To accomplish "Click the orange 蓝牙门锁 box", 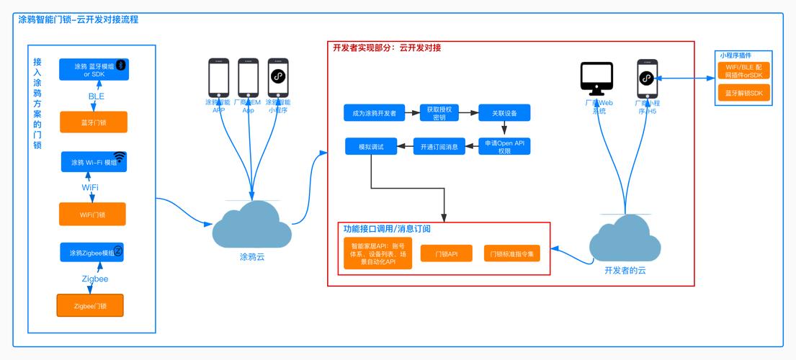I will (94, 122).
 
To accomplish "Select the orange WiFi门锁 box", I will (92, 214).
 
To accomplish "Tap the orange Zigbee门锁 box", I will (90, 306).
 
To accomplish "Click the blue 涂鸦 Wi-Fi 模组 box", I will (94, 162).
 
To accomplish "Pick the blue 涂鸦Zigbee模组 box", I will (92, 253).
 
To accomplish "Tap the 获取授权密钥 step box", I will (439, 112).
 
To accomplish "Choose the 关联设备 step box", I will (504, 112).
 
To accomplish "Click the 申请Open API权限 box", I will (504, 147).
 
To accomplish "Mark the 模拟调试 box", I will (372, 147).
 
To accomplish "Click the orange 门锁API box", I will (446, 253).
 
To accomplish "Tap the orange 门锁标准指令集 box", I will (511, 253).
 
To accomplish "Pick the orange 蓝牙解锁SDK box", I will (743, 93).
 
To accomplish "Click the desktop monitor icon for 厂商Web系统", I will (596, 78).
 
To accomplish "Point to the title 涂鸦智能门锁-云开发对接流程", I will (79, 19).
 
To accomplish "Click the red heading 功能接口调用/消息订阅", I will (387, 229).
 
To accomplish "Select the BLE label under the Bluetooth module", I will (97, 96).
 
